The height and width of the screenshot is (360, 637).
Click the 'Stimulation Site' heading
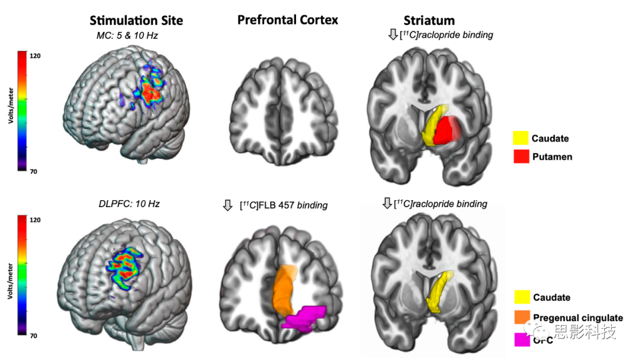136,21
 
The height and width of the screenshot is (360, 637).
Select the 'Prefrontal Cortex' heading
288,20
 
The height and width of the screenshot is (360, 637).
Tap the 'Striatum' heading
429,21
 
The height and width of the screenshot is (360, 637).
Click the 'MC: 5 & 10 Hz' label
127,36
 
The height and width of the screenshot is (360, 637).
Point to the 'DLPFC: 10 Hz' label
129,204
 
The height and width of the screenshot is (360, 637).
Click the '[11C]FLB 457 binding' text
284,205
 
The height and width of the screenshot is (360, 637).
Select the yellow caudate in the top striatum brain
435,121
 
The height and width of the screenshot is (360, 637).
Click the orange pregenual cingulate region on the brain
284,292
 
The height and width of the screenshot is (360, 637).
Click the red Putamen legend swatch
520,156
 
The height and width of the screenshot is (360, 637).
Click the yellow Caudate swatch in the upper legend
520,139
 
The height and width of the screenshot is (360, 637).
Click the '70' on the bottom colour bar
34,336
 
